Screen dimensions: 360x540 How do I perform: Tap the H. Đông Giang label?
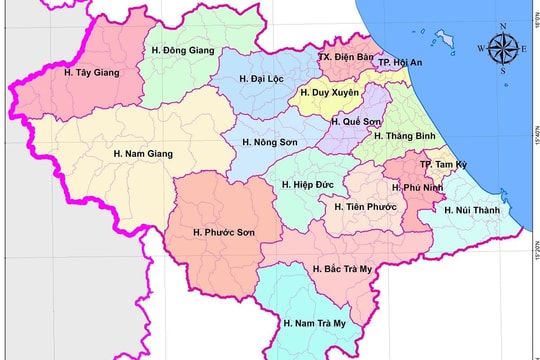click(181, 48)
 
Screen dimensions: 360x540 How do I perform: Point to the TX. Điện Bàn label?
click(345, 57)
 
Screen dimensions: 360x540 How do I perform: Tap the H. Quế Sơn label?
click(359, 121)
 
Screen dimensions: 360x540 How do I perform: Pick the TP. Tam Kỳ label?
click(440, 163)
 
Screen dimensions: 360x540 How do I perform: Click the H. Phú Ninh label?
click(416, 187)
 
